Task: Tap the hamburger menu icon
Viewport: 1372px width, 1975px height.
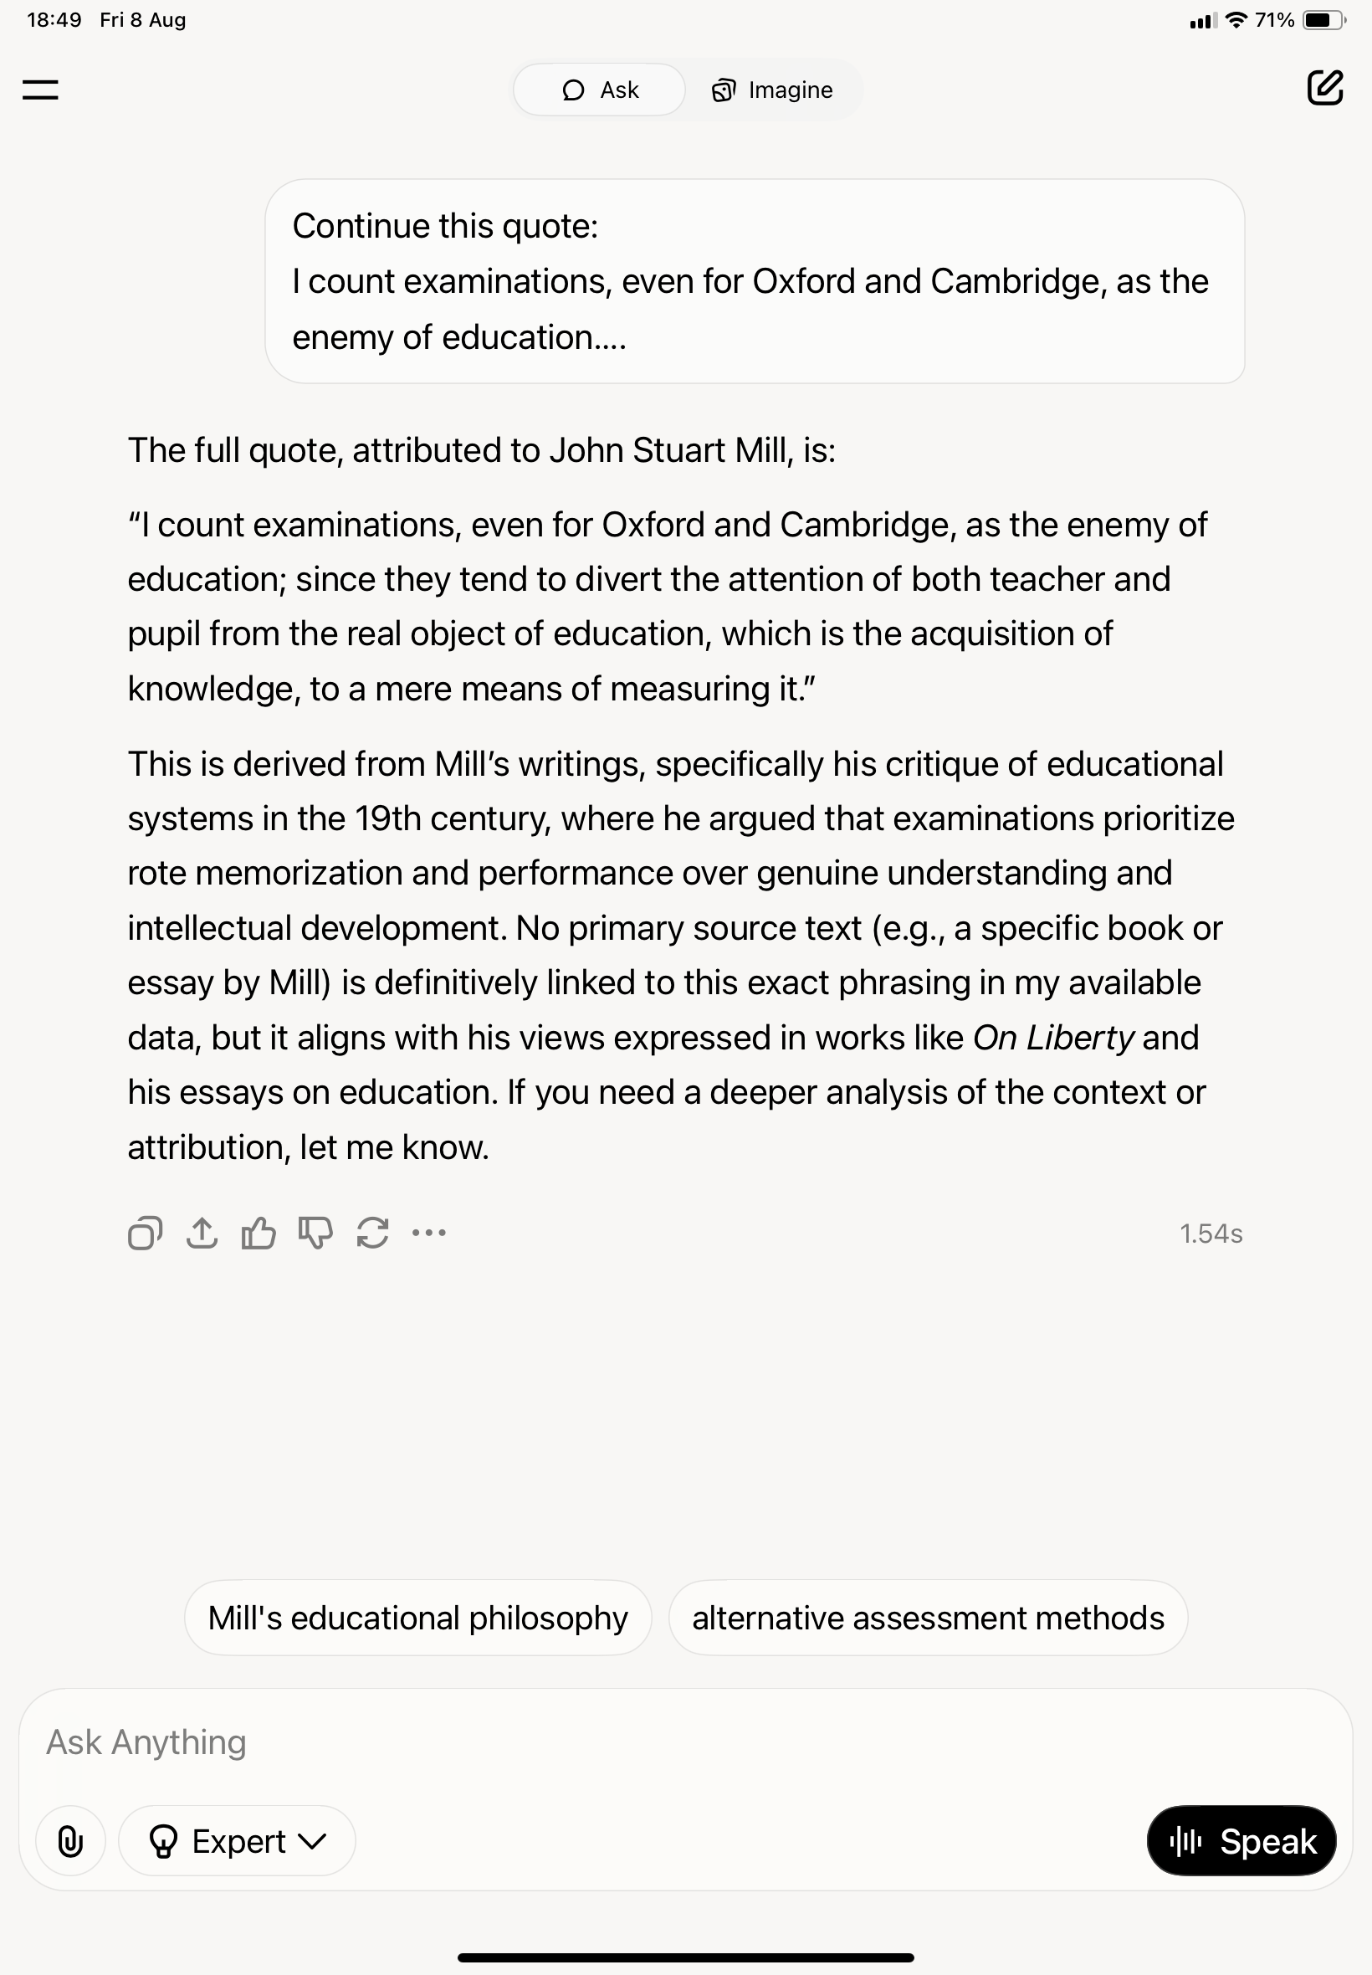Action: (x=40, y=90)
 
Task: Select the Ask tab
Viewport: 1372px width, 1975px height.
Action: (x=600, y=90)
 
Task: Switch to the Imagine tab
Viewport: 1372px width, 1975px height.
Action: (x=772, y=90)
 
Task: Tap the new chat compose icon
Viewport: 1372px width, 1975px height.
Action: (x=1323, y=88)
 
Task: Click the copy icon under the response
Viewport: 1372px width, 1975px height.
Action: (x=145, y=1233)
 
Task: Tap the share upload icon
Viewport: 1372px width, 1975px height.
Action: (x=201, y=1233)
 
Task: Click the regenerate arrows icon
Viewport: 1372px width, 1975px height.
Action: (x=372, y=1233)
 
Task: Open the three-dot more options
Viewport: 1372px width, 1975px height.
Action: (x=429, y=1233)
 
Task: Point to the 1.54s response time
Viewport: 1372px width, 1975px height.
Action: (x=1211, y=1234)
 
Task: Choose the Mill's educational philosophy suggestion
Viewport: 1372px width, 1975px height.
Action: (x=417, y=1618)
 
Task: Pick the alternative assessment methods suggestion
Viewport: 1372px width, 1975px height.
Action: (x=928, y=1618)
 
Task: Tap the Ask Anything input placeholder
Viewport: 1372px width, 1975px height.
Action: (x=146, y=1742)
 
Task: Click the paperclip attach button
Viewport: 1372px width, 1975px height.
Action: (x=70, y=1841)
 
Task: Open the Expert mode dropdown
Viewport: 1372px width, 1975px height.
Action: (x=238, y=1841)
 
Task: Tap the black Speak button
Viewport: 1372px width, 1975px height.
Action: (x=1241, y=1841)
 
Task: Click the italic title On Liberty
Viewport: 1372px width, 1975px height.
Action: (x=1053, y=1038)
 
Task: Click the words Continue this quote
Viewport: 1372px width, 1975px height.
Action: (x=444, y=226)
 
